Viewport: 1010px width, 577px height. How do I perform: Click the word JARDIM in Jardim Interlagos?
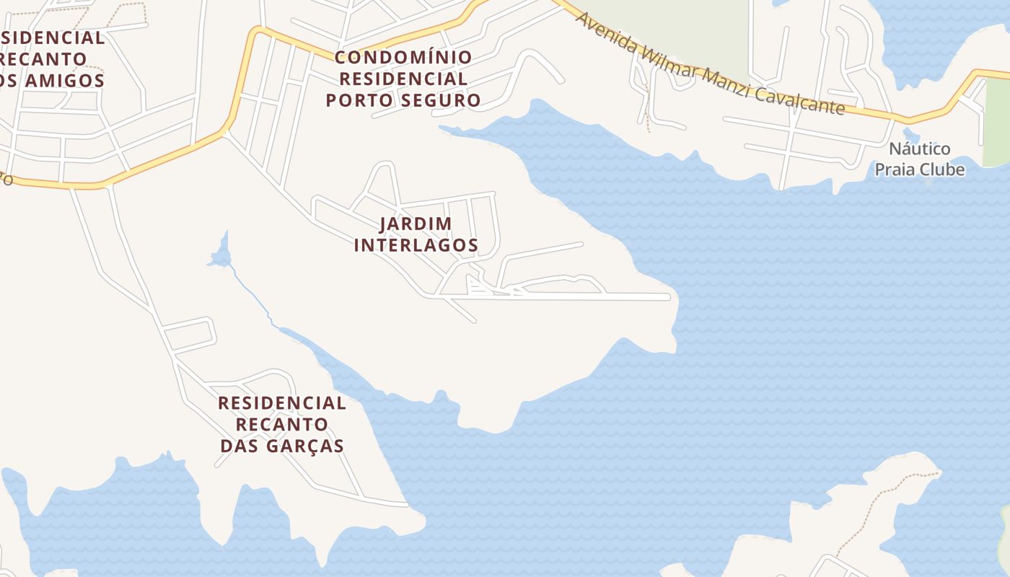click(416, 224)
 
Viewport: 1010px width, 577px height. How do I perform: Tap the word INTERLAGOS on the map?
click(416, 245)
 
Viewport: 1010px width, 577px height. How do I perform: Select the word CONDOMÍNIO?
click(403, 57)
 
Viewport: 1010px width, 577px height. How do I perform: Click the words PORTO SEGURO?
click(403, 100)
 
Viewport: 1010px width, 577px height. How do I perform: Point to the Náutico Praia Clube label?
click(919, 159)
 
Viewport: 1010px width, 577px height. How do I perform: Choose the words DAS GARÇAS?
click(282, 446)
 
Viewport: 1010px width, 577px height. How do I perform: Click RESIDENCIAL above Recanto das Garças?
click(282, 403)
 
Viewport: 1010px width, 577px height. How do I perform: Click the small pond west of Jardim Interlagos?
click(221, 254)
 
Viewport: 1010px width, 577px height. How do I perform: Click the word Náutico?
click(919, 149)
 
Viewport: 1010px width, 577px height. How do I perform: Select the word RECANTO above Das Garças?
click(282, 424)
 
